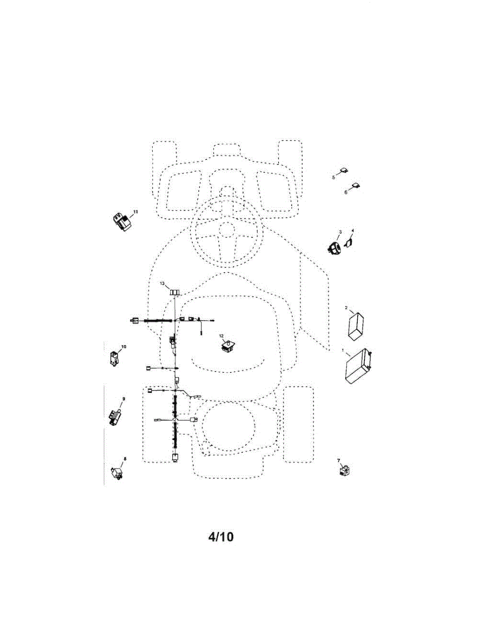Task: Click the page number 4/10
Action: coord(221,537)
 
